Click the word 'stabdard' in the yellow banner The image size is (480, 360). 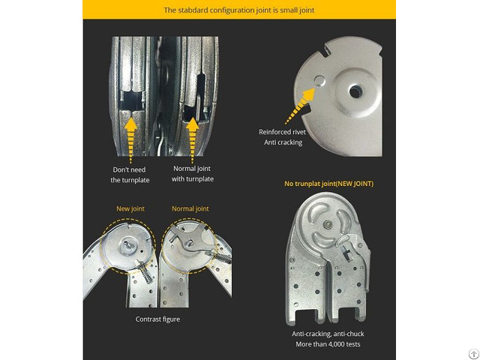pos(192,10)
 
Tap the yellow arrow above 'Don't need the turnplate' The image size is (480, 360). pos(130,140)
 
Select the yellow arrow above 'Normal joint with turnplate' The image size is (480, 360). pos(193,140)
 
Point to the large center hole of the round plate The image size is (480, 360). pos(355,91)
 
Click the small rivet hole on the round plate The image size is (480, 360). pos(320,80)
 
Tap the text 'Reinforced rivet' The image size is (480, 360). pos(282,132)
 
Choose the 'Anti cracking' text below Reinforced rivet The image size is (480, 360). pos(283,142)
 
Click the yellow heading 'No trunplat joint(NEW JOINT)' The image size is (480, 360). pos(328,184)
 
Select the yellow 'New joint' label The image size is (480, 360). pos(130,208)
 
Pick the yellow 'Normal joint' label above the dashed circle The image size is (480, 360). pos(190,208)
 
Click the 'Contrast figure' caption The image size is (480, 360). pos(157,319)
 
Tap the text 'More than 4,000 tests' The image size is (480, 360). pos(328,344)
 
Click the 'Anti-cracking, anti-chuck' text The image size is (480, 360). pos(328,334)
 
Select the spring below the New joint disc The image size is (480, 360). pos(145,271)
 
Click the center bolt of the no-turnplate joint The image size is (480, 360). pos(328,224)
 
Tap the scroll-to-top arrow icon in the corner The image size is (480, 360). pos(474,353)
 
